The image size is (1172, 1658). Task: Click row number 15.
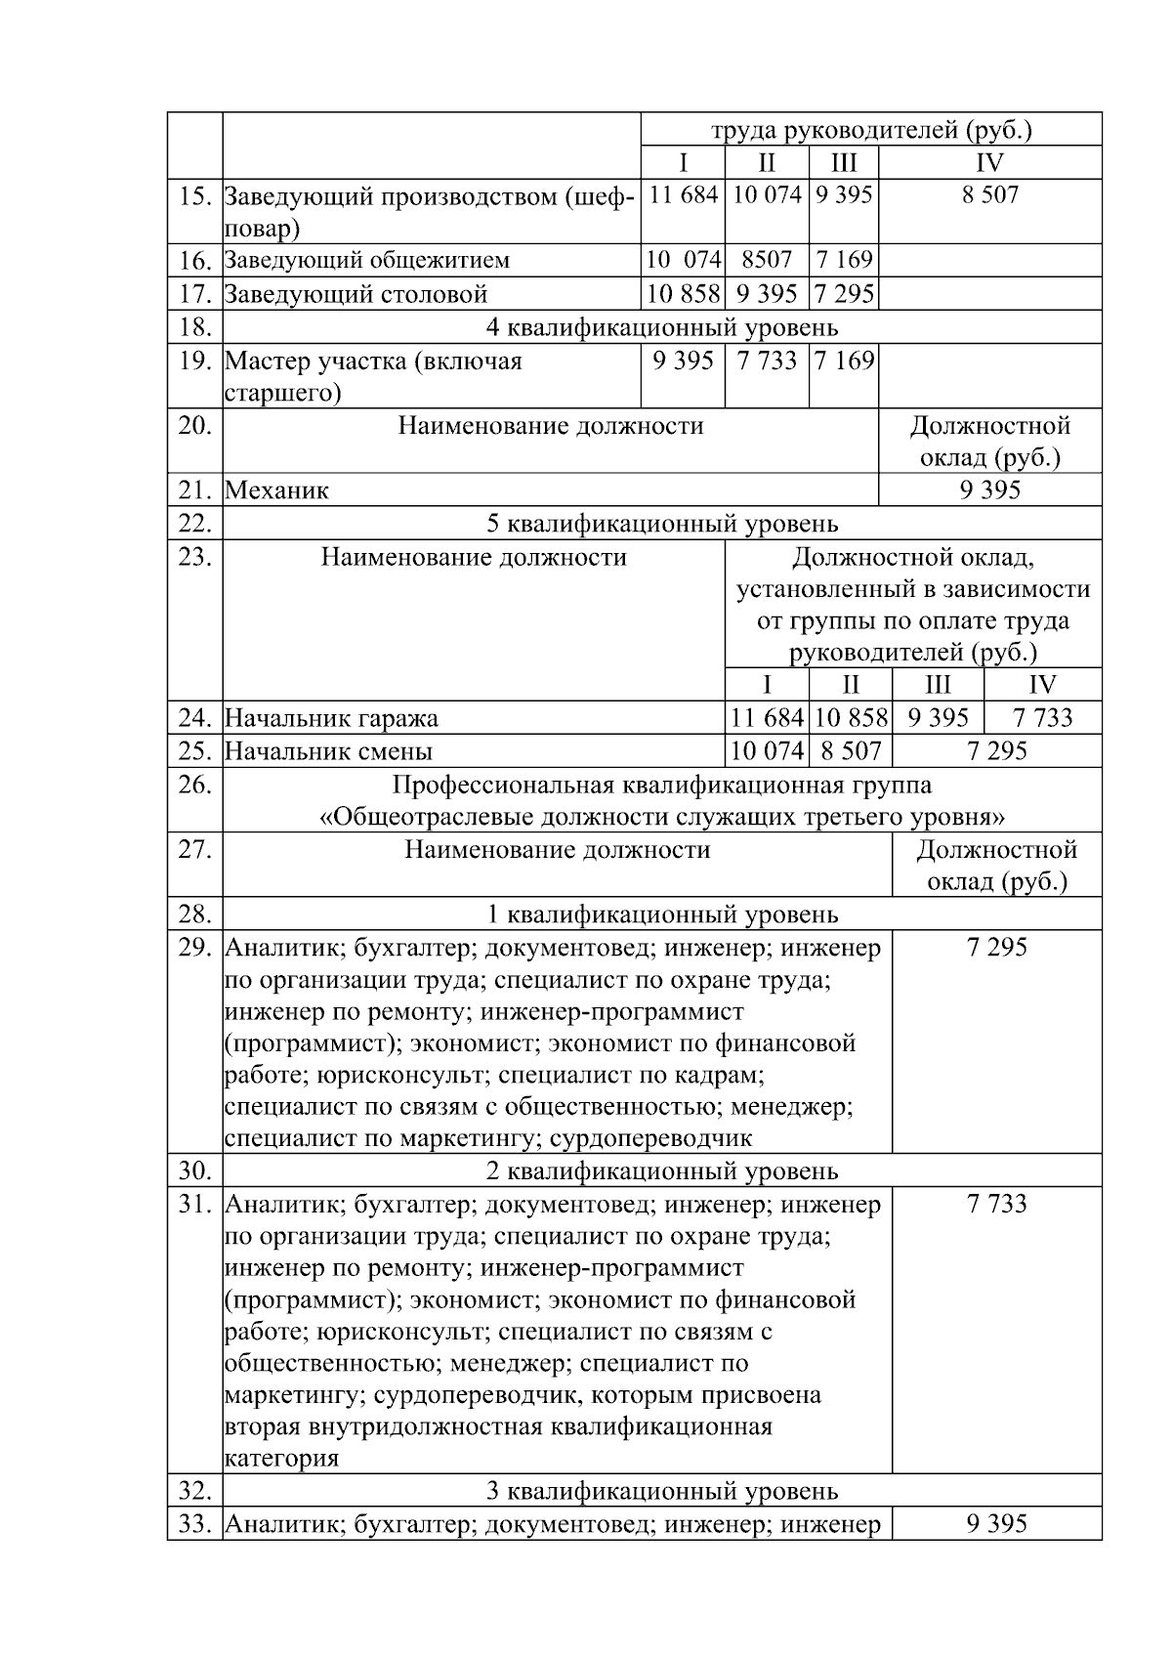195,196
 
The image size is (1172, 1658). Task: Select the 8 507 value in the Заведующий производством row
989,195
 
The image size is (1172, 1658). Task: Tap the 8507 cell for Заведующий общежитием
766,260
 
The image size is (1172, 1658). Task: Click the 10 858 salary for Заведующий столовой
683,293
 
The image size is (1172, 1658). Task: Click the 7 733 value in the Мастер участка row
767,361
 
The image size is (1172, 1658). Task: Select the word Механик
276,490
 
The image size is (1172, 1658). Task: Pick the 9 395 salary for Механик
989,489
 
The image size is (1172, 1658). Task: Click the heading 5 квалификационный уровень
661,524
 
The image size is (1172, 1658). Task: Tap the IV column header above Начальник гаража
1042,684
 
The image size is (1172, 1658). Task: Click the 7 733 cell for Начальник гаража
1042,718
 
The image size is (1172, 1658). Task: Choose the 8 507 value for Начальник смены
850,750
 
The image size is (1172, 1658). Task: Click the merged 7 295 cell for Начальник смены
996,750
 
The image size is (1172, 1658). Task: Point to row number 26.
195,786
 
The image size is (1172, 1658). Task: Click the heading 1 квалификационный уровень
661,914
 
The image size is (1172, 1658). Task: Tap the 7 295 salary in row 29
996,947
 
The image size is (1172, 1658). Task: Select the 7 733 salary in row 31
996,1204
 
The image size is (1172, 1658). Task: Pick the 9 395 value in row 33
996,1524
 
